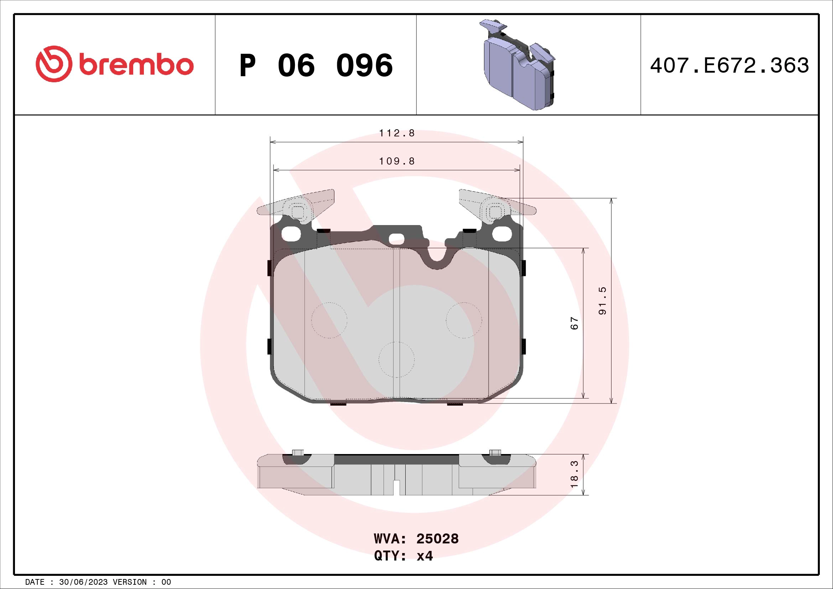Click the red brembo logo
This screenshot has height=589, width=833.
click(114, 64)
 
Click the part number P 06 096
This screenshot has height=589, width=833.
click(316, 66)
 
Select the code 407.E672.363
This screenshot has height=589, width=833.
click(729, 66)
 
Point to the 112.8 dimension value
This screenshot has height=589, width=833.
click(397, 133)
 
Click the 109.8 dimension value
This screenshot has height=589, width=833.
click(397, 161)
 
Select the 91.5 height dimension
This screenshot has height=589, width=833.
click(602, 301)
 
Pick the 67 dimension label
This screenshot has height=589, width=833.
click(574, 323)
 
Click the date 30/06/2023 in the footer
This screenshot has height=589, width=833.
click(83, 582)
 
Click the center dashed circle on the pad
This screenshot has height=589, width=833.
click(396, 360)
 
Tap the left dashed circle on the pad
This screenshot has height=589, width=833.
click(329, 320)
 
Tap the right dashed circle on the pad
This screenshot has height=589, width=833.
click(464, 320)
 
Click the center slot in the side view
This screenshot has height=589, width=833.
click(396, 487)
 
